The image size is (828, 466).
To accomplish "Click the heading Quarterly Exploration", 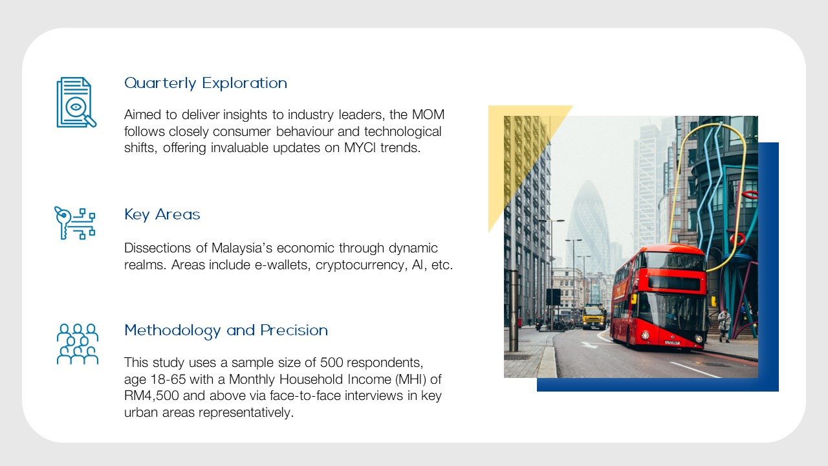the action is (x=206, y=83).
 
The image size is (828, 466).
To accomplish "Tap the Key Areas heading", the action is (x=162, y=215).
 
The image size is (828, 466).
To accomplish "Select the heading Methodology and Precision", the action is (x=226, y=331).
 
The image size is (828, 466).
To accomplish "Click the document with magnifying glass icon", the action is (x=76, y=102).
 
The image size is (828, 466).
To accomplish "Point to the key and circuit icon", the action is (x=74, y=223).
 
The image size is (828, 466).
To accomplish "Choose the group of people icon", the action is (x=78, y=344).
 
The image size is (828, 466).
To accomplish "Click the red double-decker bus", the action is (x=659, y=296).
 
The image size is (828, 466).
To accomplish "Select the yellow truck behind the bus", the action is (x=594, y=317).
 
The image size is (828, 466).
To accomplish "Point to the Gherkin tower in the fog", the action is (x=588, y=226).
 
